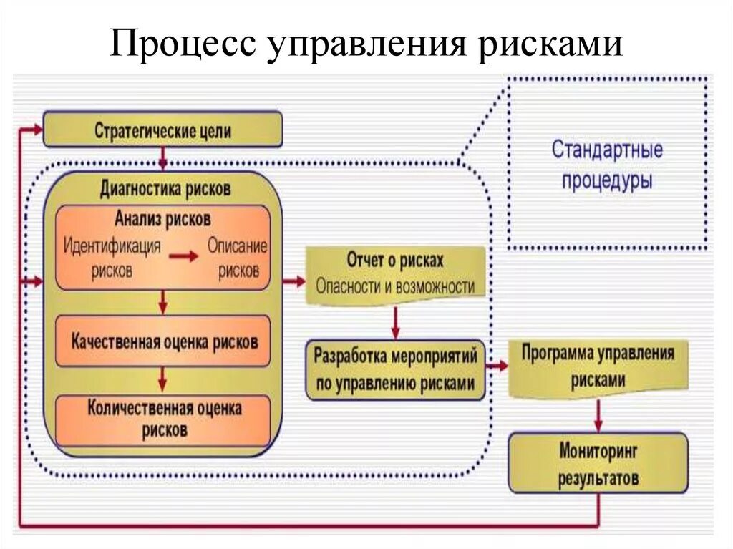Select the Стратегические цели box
click(162, 131)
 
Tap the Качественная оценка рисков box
click(163, 341)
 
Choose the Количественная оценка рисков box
click(163, 419)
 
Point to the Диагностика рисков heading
click(165, 188)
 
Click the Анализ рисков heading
click(162, 218)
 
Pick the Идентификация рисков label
click(112, 258)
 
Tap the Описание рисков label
click(238, 258)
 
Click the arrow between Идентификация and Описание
click(185, 258)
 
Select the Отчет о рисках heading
click(395, 261)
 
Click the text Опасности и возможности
click(395, 286)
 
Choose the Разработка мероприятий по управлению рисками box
click(395, 369)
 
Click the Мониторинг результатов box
click(598, 464)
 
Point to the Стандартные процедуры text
click(607, 165)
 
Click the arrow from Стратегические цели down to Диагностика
click(163, 158)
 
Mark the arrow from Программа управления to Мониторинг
click(598, 414)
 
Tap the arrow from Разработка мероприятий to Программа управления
click(496, 366)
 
